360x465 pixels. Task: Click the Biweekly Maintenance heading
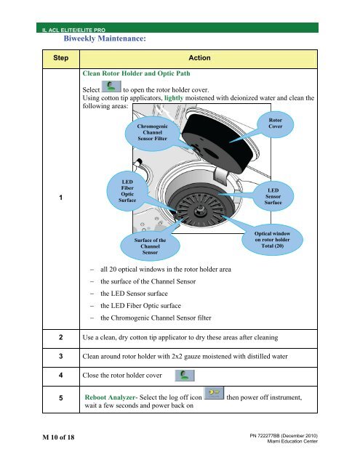click(x=105, y=39)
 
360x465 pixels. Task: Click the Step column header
click(x=61, y=58)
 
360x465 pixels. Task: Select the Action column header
click(x=199, y=58)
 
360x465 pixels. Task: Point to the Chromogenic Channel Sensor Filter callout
click(x=152, y=132)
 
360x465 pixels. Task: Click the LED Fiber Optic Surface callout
click(x=127, y=191)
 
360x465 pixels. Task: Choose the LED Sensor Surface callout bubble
click(x=273, y=196)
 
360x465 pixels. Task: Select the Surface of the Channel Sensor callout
click(x=150, y=246)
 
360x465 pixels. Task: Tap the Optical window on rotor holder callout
click(x=272, y=240)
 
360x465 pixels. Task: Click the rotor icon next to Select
click(x=111, y=86)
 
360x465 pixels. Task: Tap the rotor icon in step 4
click(x=185, y=376)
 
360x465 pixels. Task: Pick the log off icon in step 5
click(x=214, y=393)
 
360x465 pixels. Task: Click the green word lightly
click(x=174, y=98)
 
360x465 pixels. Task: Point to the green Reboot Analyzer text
click(x=110, y=397)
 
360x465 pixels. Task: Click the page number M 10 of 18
click(x=58, y=437)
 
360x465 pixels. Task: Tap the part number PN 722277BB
click(x=265, y=436)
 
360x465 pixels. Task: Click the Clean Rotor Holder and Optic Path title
click(x=136, y=73)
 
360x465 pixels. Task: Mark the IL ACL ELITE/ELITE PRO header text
click(x=73, y=30)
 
